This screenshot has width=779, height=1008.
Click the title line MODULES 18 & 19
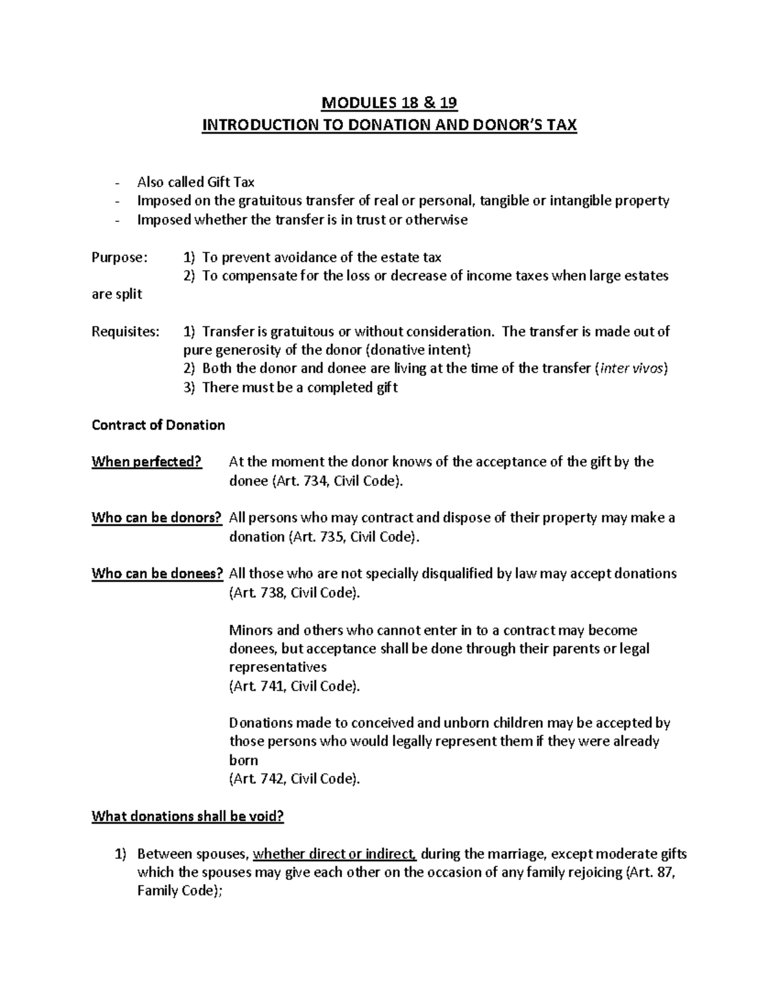(x=389, y=103)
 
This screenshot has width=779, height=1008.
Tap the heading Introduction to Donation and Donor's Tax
(x=389, y=125)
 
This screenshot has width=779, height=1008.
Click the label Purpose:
(x=120, y=258)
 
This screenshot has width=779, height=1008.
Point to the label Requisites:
(x=125, y=332)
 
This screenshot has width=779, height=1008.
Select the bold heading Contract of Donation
(x=158, y=425)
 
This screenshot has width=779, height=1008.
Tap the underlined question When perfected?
(x=147, y=462)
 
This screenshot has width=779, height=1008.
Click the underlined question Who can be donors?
(x=156, y=518)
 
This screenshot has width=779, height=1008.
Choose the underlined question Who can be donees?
(x=158, y=574)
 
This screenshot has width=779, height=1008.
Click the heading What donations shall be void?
(x=188, y=817)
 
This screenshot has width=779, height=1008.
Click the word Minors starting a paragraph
(x=251, y=630)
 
